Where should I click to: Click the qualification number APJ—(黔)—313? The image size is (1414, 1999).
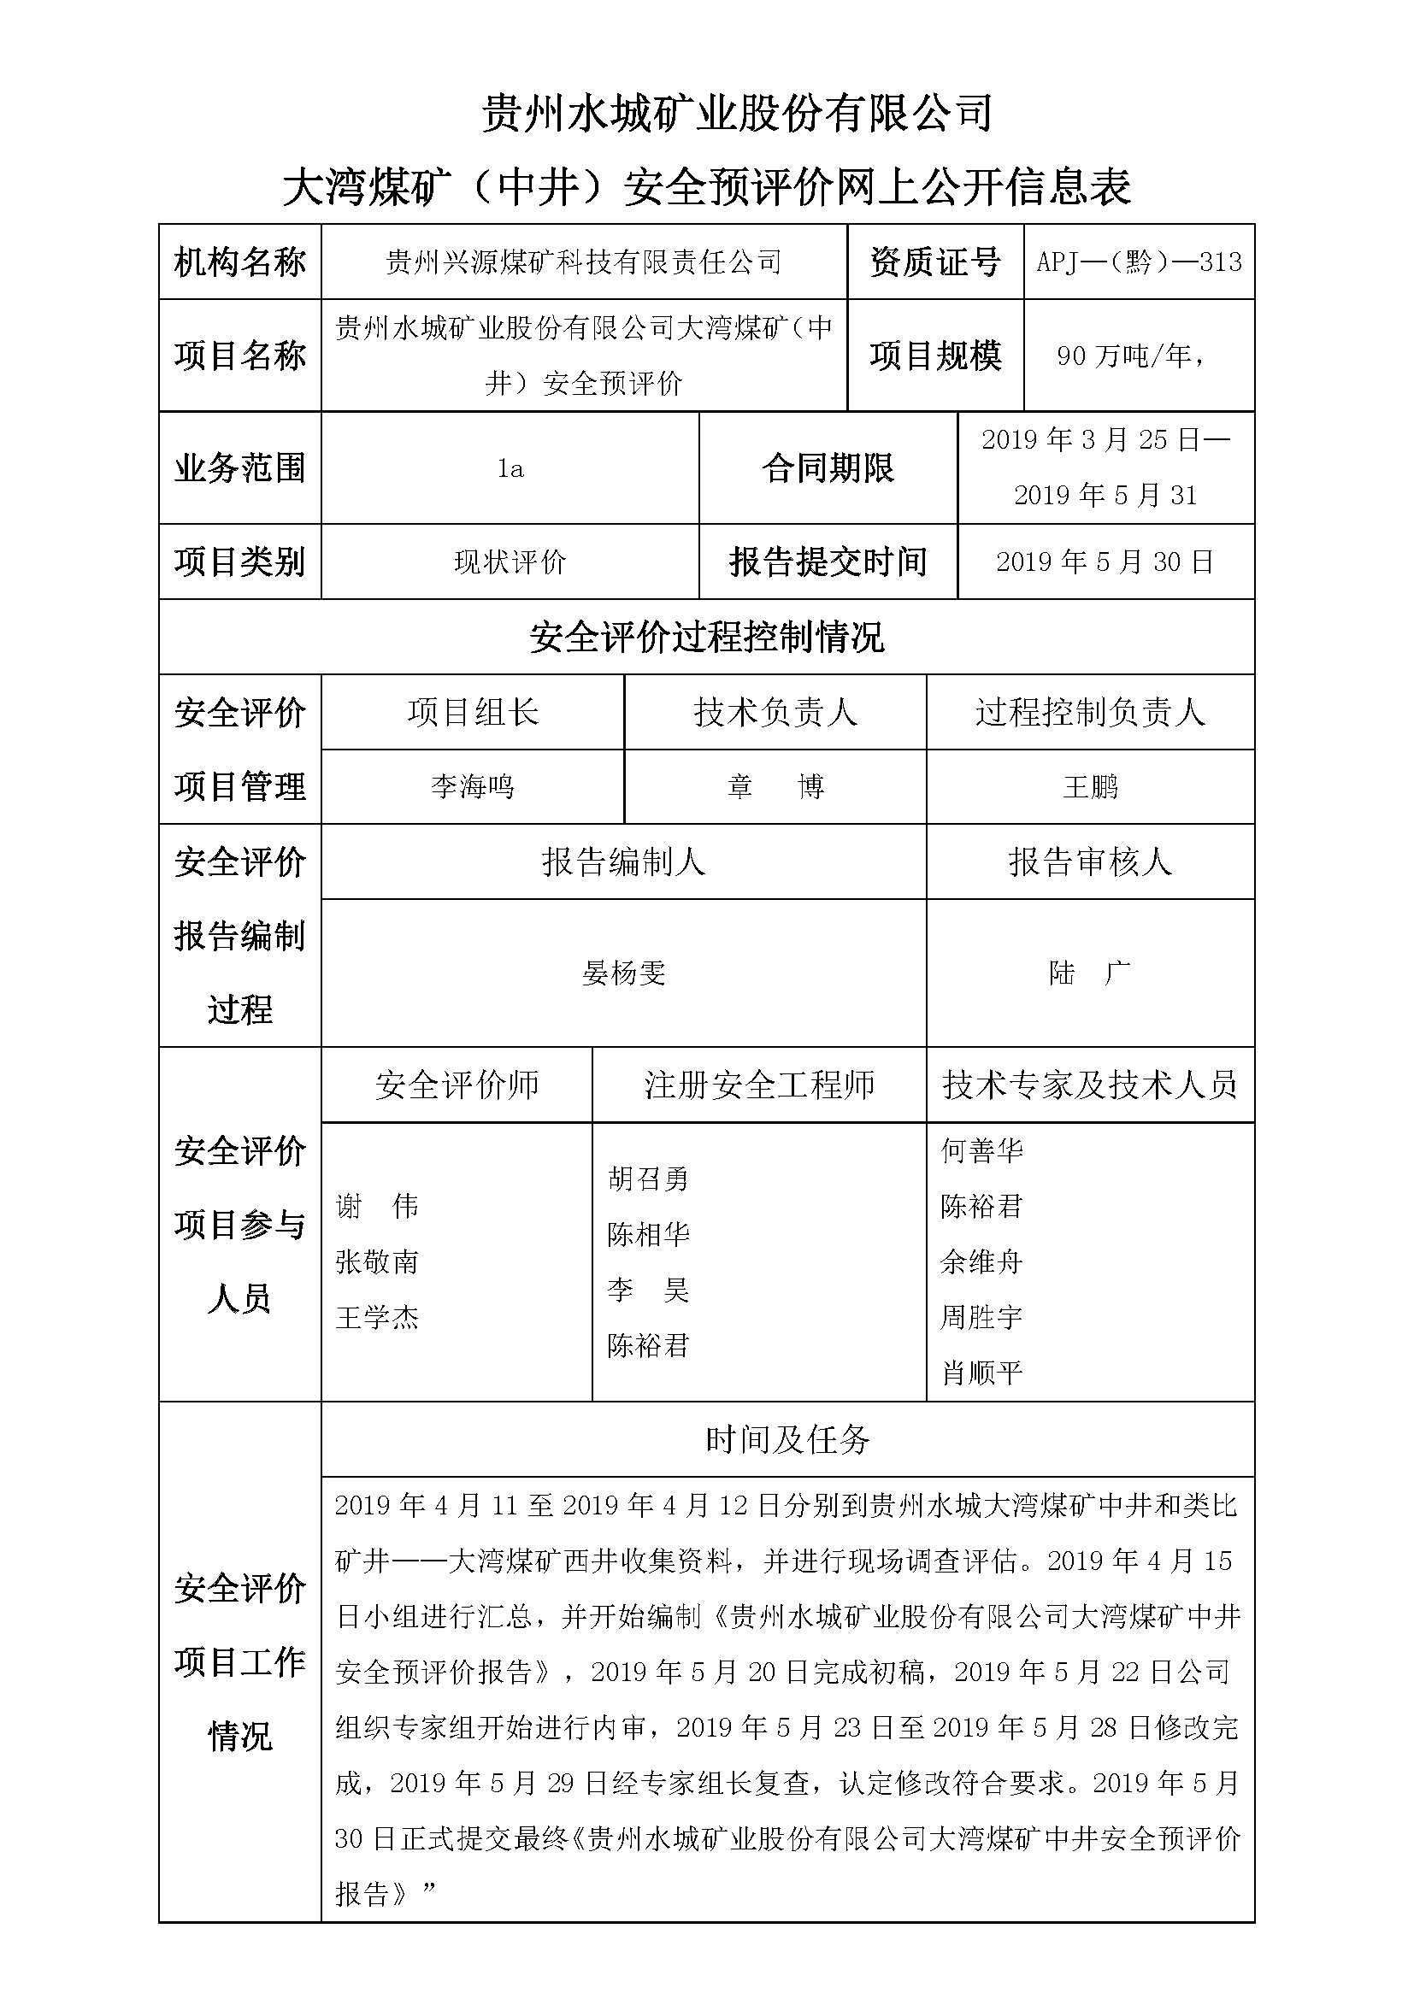pyautogui.click(x=1138, y=262)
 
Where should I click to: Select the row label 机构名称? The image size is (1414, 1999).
pyautogui.click(x=239, y=262)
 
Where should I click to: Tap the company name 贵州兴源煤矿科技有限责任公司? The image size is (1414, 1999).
pyautogui.click(x=583, y=262)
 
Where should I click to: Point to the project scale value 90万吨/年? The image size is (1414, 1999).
pyautogui.click(x=1130, y=356)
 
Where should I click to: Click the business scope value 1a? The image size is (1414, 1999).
pyautogui.click(x=510, y=469)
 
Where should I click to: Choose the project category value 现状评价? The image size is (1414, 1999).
pyautogui.click(x=510, y=562)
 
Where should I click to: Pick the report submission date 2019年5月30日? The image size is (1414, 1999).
pyautogui.click(x=1104, y=562)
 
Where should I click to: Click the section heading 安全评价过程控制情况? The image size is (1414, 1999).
pyautogui.click(x=706, y=638)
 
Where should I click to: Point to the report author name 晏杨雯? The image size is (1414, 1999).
pyautogui.click(x=623, y=973)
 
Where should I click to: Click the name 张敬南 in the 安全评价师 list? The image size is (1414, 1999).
pyautogui.click(x=377, y=1262)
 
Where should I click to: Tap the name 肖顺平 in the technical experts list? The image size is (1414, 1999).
pyautogui.click(x=981, y=1374)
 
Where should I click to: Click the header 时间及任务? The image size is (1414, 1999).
pyautogui.click(x=787, y=1440)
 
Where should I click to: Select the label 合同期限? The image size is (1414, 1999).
pyautogui.click(x=828, y=469)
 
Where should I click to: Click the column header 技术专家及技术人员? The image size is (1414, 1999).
pyautogui.click(x=1090, y=1085)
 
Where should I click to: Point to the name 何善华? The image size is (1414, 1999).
pyautogui.click(x=981, y=1151)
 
